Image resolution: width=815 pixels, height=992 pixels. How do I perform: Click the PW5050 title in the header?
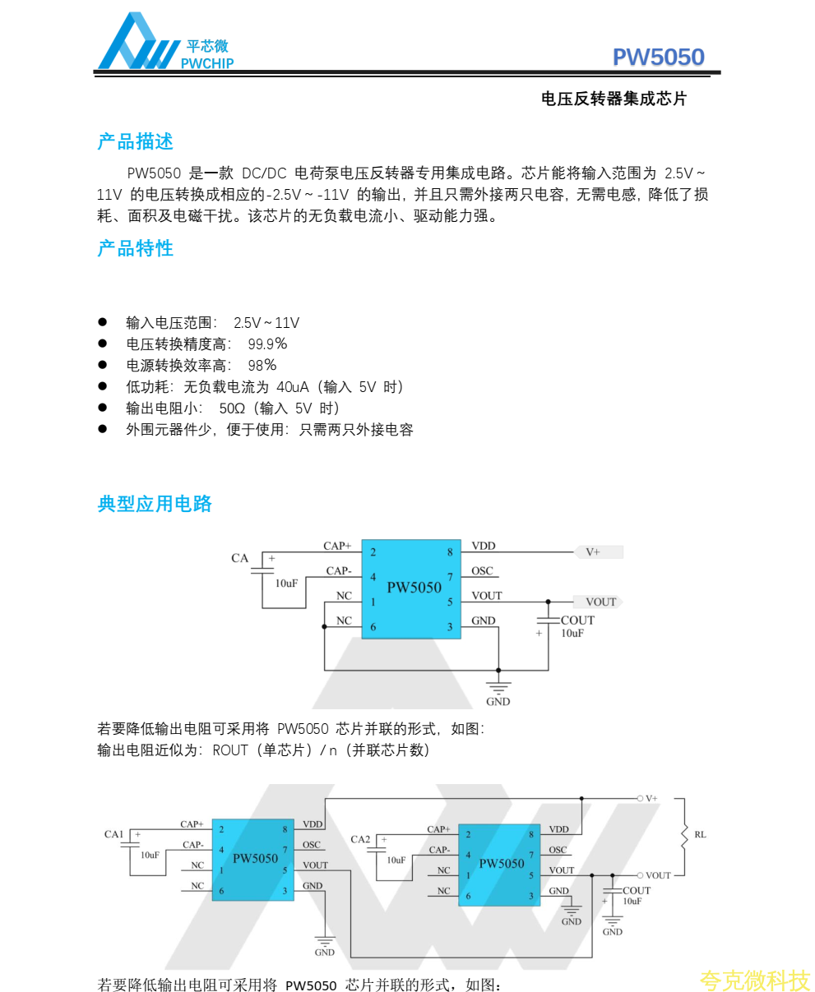pyautogui.click(x=658, y=57)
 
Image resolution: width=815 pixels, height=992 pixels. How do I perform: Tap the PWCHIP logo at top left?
pyautogui.click(x=165, y=43)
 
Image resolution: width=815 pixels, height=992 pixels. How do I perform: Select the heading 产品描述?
pyautogui.click(x=136, y=141)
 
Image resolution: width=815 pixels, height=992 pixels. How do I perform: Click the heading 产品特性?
pyautogui.click(x=136, y=248)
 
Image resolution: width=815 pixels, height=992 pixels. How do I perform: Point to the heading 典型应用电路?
pyautogui.click(x=155, y=504)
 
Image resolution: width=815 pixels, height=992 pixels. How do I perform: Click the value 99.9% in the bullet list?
pyautogui.click(x=267, y=344)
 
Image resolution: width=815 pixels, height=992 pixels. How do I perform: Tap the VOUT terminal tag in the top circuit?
pyautogui.click(x=601, y=602)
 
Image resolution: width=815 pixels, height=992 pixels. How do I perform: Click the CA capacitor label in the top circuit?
pyautogui.click(x=239, y=559)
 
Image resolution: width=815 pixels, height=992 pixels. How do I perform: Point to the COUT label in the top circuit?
pyautogui.click(x=577, y=621)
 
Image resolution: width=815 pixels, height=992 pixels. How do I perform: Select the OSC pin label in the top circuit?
pyautogui.click(x=482, y=571)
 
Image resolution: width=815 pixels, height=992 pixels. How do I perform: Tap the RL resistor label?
pyautogui.click(x=700, y=835)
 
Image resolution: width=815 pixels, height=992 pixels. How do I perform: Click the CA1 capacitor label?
pyautogui.click(x=113, y=834)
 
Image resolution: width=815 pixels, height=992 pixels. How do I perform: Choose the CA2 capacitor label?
pyautogui.click(x=360, y=839)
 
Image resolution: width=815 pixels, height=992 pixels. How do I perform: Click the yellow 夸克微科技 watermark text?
pyautogui.click(x=755, y=980)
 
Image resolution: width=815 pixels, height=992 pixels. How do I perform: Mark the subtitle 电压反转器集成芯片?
pyautogui.click(x=614, y=99)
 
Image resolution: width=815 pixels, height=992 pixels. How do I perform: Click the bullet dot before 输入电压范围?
pyautogui.click(x=103, y=322)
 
